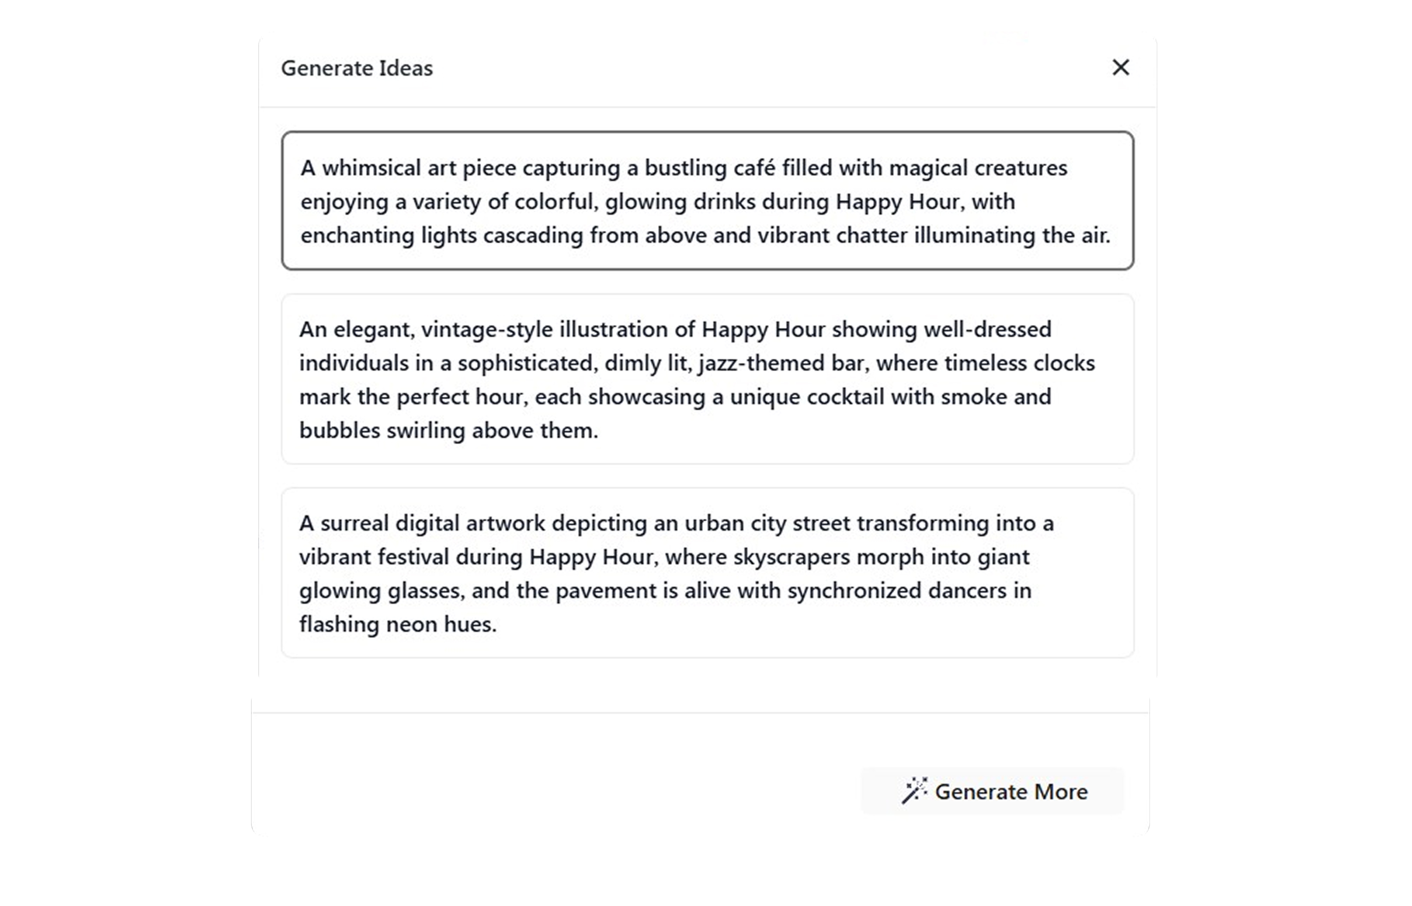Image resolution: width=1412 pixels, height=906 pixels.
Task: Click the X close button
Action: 1120,68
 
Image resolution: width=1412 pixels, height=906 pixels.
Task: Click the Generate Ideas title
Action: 356,68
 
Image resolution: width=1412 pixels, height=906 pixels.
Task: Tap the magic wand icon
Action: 914,790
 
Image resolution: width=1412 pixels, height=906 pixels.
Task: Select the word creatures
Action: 1021,168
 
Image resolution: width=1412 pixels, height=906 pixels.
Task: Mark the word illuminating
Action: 974,236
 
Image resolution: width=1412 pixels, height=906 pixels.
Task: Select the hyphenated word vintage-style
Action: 486,330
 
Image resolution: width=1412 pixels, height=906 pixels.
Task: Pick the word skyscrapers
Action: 791,557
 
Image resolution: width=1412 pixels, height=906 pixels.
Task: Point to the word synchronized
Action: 854,591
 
